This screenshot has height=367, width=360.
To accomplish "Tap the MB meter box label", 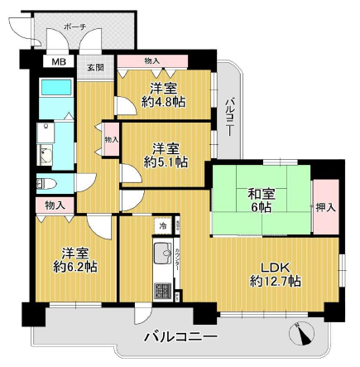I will click(x=59, y=61).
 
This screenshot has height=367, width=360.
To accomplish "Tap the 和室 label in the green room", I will click(x=262, y=195).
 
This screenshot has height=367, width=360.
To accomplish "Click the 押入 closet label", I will click(x=325, y=206).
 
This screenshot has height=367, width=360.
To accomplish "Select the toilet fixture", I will click(x=46, y=184).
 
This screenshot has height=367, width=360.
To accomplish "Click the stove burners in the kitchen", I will click(x=162, y=292).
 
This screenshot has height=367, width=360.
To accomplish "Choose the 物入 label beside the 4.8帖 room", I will click(x=151, y=60).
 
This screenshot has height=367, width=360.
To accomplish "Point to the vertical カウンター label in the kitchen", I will click(x=175, y=260).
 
